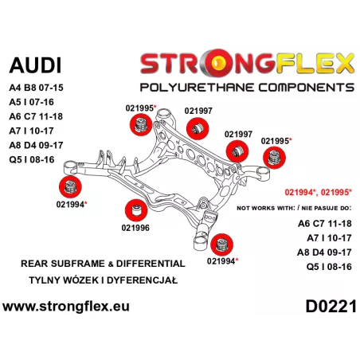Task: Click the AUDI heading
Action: [x=35, y=65]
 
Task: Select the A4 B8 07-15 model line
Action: [x=36, y=88]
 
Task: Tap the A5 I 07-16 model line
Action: [x=31, y=102]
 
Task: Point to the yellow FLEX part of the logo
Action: [x=315, y=63]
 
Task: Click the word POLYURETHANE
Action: [x=198, y=88]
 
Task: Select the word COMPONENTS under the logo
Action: [x=307, y=88]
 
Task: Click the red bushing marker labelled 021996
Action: [x=136, y=210]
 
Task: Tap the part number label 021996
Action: [x=135, y=228]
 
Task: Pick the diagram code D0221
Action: [x=331, y=307]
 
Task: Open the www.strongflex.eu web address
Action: [x=66, y=307]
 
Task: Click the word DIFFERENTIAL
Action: [x=151, y=264]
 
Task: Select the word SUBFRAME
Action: [x=78, y=264]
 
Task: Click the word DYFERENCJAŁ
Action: [x=142, y=280]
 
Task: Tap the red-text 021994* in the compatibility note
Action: [x=301, y=192]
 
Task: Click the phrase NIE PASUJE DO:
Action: [x=327, y=208]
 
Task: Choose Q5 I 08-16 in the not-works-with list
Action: [x=329, y=267]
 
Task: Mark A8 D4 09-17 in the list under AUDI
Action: [x=36, y=145]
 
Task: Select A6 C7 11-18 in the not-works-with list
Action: [x=325, y=224]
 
